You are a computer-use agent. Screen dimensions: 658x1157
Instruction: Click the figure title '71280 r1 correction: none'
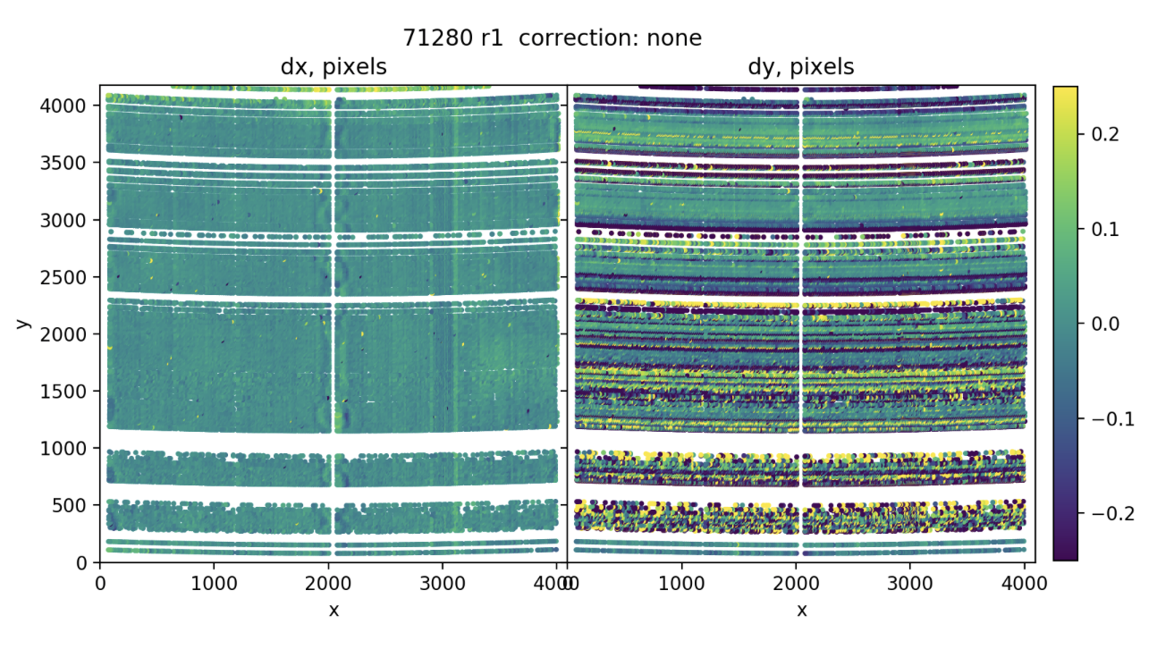click(553, 38)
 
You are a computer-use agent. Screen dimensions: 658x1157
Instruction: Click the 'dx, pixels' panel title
click(333, 66)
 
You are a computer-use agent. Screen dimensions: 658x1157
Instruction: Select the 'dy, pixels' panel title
click(800, 66)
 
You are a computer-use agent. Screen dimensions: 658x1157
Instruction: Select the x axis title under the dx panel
click(334, 610)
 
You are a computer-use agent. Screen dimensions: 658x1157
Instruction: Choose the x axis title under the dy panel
click(802, 610)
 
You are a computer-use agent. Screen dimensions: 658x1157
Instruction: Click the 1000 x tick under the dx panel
click(213, 584)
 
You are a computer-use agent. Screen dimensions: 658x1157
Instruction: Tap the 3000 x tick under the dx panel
click(441, 584)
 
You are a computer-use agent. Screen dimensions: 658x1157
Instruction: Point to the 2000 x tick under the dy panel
click(796, 584)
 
